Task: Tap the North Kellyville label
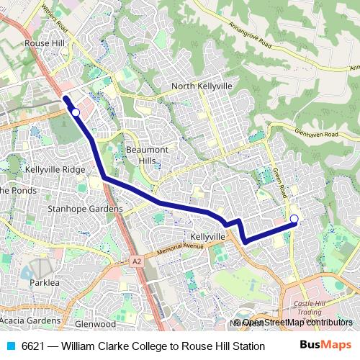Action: (x=202, y=86)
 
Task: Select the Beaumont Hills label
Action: (x=147, y=154)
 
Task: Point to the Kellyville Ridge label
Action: (x=55, y=169)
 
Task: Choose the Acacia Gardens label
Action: (x=30, y=320)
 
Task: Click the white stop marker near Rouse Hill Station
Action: (x=75, y=112)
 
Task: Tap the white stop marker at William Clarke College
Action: (x=294, y=219)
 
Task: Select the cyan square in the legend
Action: (x=10, y=346)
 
